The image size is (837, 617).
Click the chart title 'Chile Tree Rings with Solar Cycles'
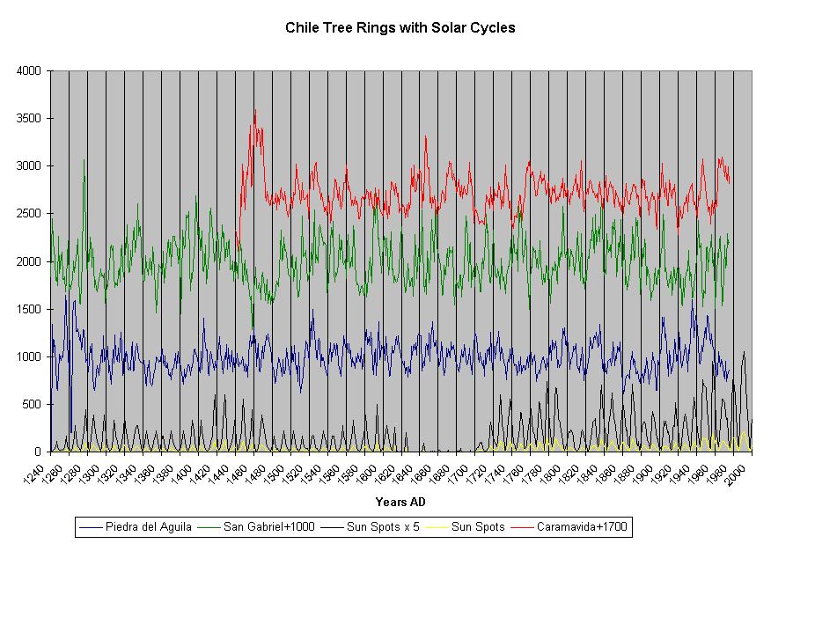point(400,27)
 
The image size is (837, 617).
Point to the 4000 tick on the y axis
point(30,70)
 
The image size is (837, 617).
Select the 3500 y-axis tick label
point(30,118)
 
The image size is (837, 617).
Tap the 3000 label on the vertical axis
point(30,165)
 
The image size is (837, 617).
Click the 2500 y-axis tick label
point(30,213)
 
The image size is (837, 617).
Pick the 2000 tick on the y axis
point(30,261)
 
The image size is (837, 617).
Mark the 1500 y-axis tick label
point(30,309)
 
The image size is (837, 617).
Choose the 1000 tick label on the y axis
point(30,356)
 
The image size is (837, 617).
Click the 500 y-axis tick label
point(33,404)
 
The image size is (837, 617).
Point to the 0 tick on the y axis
point(40,452)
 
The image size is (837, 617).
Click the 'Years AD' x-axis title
point(400,503)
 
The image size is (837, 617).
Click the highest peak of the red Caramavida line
point(255,110)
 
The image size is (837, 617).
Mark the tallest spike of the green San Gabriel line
point(84,159)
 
